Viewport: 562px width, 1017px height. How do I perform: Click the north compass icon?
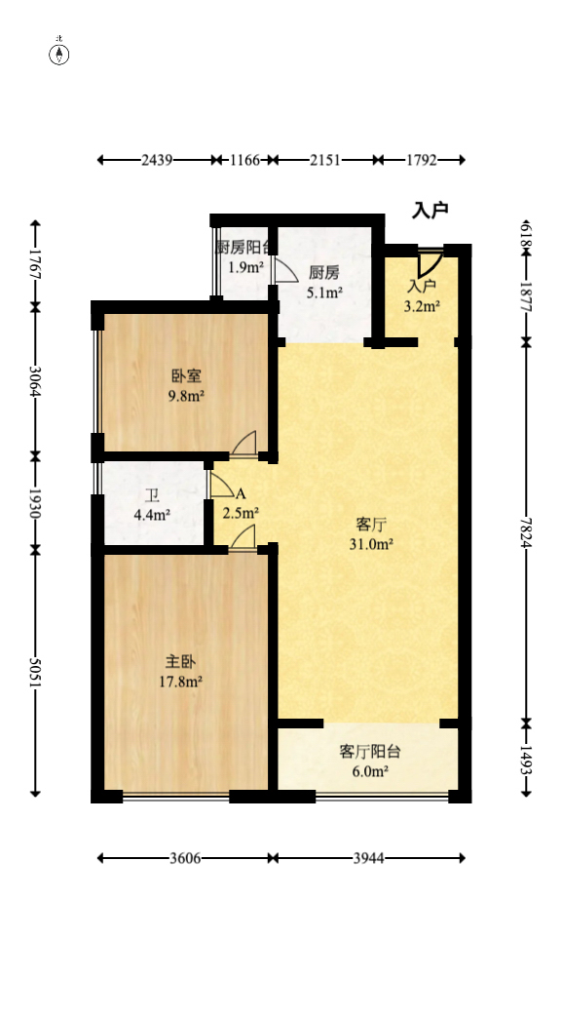point(59,53)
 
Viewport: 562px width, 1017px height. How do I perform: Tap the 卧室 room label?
point(185,375)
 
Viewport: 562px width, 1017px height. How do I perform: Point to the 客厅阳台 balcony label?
point(370,752)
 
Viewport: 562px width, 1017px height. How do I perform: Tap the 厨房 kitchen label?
point(324,272)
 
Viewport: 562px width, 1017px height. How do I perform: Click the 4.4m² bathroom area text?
point(153,515)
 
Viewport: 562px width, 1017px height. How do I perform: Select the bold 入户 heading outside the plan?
point(430,210)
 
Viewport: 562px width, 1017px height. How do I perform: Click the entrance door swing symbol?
point(430,263)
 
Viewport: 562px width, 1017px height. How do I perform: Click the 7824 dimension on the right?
point(526,531)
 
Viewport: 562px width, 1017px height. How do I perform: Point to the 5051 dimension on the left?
point(36,673)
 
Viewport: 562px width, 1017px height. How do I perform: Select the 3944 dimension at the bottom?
point(368,858)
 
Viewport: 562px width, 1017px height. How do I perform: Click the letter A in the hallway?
point(240,493)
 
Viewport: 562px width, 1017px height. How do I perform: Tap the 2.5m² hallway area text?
point(241,513)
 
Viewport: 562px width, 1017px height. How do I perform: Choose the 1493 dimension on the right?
point(526,759)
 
